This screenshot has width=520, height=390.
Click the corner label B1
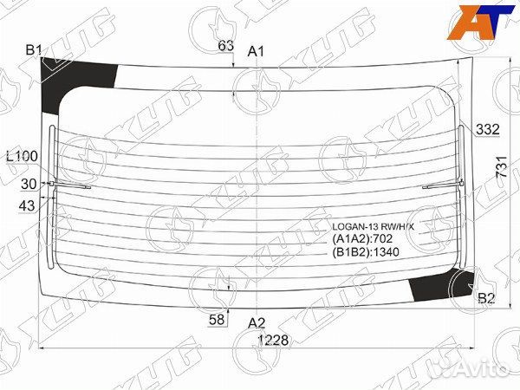point(34,50)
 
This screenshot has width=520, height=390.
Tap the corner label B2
point(486,298)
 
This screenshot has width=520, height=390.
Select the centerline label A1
point(256,51)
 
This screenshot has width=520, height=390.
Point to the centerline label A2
point(257,322)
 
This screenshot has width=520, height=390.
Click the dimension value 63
point(226,46)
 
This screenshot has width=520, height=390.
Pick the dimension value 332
point(487,129)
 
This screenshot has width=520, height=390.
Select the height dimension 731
point(502,166)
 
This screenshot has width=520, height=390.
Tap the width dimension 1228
point(274,340)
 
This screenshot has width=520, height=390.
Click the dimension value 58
point(217,319)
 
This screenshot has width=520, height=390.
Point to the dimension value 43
point(27,206)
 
